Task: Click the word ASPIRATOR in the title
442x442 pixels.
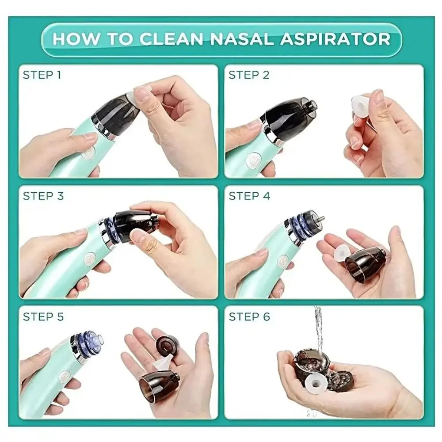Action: tap(335, 38)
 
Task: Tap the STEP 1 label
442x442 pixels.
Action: tap(42, 75)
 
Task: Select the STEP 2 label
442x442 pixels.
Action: tap(249, 75)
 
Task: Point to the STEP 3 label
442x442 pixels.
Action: tap(43, 196)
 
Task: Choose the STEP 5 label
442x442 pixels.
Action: tap(43, 316)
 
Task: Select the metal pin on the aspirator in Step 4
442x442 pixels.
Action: tap(319, 218)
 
